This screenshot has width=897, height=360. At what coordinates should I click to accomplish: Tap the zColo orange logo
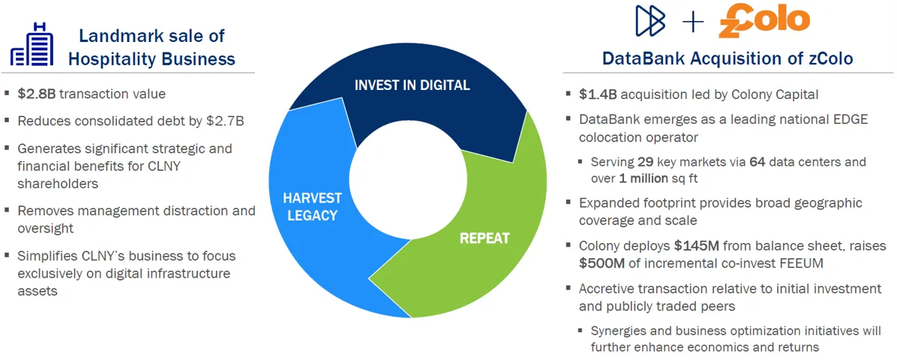pyautogui.click(x=764, y=21)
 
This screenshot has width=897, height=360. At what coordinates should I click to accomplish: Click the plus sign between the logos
pyautogui.click(x=693, y=22)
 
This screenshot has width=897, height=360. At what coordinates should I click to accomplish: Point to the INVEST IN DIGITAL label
pyautogui.click(x=412, y=85)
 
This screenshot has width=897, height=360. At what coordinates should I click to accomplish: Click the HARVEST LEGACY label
pyautogui.click(x=312, y=207)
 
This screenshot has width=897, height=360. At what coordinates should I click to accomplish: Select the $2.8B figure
pyautogui.click(x=37, y=94)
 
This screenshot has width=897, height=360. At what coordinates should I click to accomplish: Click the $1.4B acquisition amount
pyautogui.click(x=598, y=94)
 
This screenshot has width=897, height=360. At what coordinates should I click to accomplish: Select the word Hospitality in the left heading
pyautogui.click(x=109, y=59)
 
